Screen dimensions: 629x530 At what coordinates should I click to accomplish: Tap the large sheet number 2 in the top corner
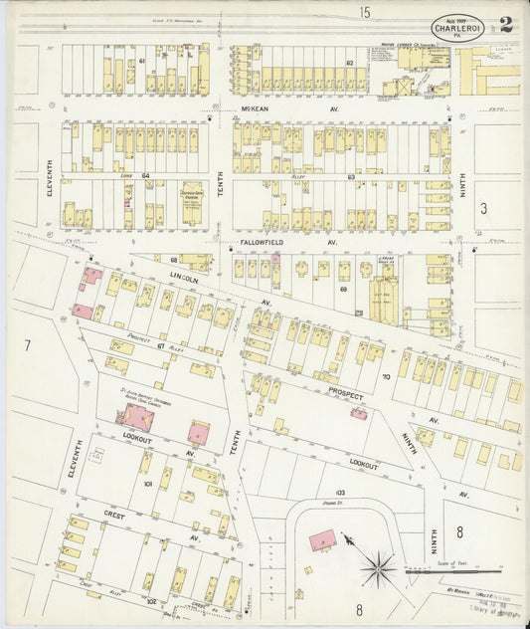click(506, 24)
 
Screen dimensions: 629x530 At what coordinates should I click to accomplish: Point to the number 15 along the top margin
click(365, 11)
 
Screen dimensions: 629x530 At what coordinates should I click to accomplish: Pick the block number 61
click(142, 62)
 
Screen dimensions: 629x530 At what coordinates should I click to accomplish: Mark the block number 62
click(349, 62)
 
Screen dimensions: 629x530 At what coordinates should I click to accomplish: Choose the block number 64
click(144, 176)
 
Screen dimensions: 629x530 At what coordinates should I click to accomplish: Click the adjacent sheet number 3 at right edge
click(483, 207)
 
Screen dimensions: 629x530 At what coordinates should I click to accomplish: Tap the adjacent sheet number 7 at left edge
click(28, 344)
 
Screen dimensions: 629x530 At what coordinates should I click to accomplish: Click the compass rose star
click(377, 571)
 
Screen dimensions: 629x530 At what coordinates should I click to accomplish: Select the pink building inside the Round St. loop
click(321, 539)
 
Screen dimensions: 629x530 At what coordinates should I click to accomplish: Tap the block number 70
click(385, 378)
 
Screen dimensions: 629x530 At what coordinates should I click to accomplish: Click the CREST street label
click(112, 516)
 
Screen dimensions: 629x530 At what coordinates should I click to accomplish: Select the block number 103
click(339, 492)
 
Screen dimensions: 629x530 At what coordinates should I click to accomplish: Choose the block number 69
click(343, 290)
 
